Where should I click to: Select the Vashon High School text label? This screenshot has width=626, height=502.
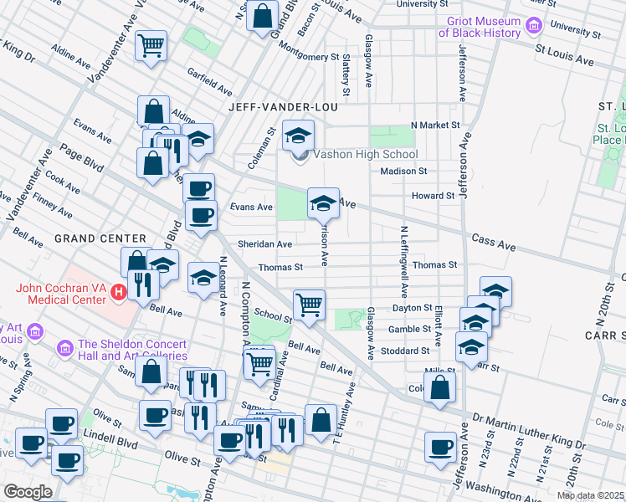click(365, 154)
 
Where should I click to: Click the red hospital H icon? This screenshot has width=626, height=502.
click(119, 293)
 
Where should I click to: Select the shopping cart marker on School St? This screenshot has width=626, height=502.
click(310, 305)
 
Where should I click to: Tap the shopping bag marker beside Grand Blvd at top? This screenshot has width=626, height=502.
click(262, 15)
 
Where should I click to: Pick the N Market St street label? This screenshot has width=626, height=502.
click(435, 125)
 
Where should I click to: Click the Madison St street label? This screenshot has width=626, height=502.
click(403, 171)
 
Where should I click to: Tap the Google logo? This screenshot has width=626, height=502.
click(28, 492)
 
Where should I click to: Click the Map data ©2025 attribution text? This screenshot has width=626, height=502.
click(590, 495)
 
